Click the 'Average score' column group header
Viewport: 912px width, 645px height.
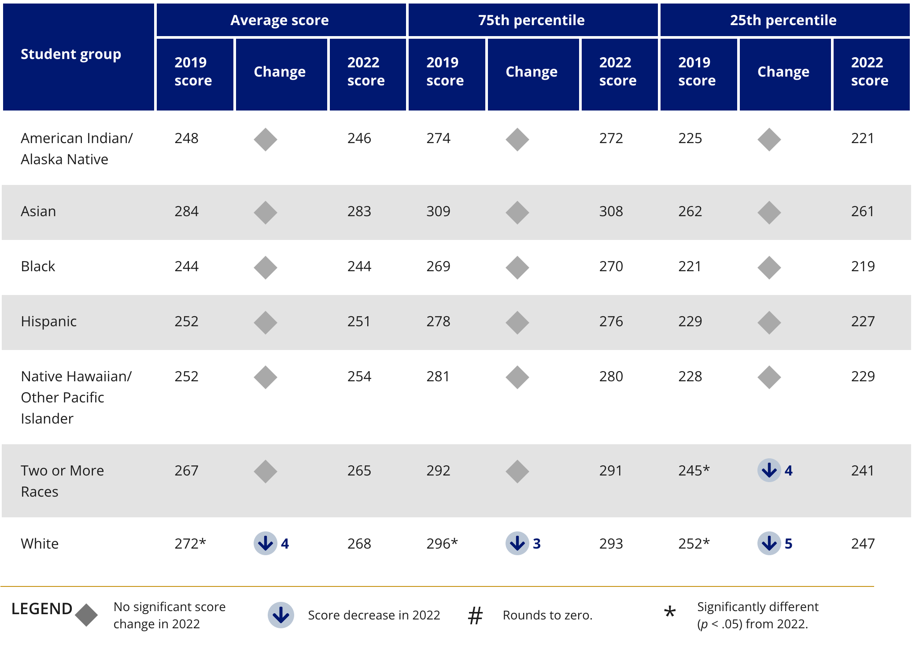pos(280,20)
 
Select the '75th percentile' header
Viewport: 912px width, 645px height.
pos(532,20)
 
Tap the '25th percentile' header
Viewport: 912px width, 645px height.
pos(783,20)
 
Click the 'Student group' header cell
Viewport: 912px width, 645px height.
pos(71,54)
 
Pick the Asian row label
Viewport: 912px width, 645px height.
pos(39,211)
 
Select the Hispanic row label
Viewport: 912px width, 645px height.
pos(49,321)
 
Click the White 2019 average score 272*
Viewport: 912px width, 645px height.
pos(190,544)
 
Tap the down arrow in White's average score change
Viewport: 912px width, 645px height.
pos(265,544)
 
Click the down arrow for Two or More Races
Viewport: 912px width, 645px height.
pos(769,471)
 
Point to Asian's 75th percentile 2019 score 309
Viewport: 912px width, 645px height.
pos(438,211)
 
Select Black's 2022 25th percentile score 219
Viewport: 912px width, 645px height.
pos(863,266)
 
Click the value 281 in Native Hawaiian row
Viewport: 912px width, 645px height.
pos(438,376)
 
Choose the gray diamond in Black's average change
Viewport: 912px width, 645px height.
pos(265,268)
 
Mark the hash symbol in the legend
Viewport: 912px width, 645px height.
pos(475,616)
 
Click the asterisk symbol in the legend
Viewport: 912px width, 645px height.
pos(670,612)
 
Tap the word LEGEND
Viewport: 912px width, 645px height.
pos(42,609)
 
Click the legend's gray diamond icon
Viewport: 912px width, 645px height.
pos(86,615)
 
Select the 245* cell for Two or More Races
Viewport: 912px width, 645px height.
pos(694,471)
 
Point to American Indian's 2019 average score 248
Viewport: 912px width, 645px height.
pos(186,138)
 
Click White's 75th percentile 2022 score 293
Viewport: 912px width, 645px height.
pos(611,544)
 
